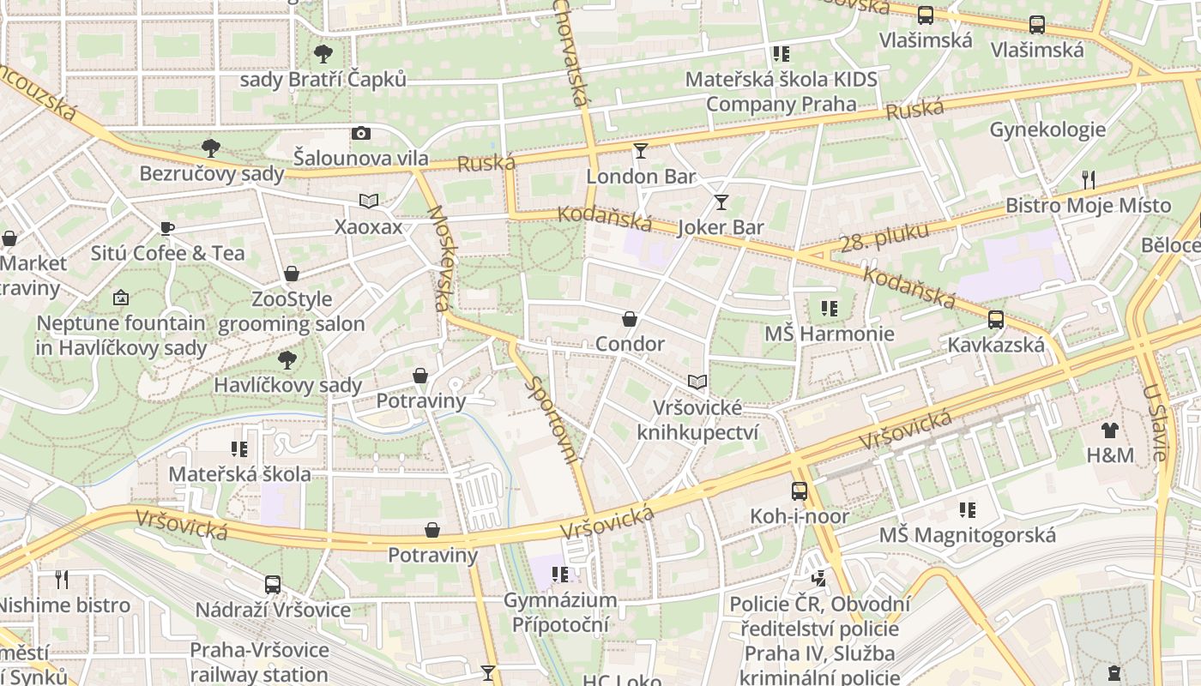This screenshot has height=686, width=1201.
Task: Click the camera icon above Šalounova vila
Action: [361, 133]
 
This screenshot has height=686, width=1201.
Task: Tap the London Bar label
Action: [641, 177]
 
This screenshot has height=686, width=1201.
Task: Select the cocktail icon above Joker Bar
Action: [721, 202]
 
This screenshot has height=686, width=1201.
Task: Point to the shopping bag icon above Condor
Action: [630, 319]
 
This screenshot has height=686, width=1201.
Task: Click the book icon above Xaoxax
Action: [369, 202]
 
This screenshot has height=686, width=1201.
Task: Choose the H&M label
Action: [1110, 455]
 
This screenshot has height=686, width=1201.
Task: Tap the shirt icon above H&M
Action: [1110, 430]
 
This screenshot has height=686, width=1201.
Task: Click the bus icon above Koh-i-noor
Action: [800, 491]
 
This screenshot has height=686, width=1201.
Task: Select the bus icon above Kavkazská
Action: [996, 320]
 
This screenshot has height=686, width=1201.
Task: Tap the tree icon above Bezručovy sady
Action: [211, 148]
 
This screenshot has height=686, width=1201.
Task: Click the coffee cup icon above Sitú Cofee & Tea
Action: [167, 228]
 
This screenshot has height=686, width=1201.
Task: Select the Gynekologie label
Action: [1047, 130]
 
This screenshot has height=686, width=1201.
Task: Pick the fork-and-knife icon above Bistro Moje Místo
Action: [1088, 179]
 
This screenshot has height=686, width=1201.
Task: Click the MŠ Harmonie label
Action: [829, 334]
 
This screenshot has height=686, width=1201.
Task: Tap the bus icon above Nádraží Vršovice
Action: [273, 585]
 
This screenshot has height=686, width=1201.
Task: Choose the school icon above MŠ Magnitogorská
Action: [968, 511]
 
